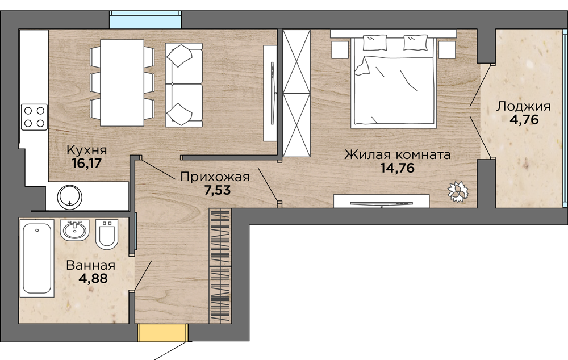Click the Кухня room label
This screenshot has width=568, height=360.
coord(87,149)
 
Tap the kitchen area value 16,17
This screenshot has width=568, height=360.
coord(87,164)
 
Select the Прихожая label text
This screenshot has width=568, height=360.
coord(215,177)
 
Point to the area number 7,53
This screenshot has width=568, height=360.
coord(218,190)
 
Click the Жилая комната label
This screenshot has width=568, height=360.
coord(398,154)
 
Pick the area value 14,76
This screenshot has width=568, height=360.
coord(398,168)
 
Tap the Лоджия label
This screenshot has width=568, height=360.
coord(523,107)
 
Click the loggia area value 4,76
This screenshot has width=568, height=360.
coord(524,119)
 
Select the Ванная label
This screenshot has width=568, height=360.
coord(90,266)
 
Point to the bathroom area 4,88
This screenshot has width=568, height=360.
coord(93,279)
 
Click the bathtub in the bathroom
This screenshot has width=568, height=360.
coord(37,258)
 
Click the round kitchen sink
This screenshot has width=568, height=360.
coord(69,198)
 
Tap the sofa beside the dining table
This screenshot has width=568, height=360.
coord(183,85)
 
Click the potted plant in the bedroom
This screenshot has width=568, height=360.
coord(458,191)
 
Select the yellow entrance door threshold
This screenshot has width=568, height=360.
coord(164,333)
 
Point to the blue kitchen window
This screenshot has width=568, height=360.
coord(145,19)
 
